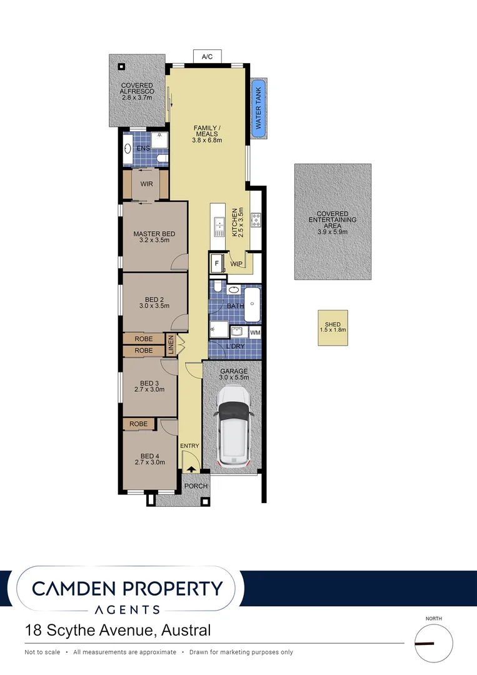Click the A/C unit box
[207, 57]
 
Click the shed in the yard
[333, 328]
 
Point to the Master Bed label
[154, 234]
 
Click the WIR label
[147, 184]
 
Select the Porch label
[195, 486]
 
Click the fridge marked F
[217, 263]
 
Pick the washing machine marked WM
[255, 333]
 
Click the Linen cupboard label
[171, 346]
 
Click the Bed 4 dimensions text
[149, 462]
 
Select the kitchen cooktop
[256, 219]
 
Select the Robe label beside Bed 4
[139, 424]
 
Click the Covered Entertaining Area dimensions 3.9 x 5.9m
[332, 232]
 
